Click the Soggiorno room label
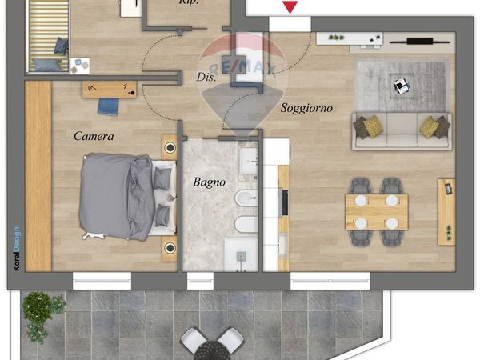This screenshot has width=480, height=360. point(306,108)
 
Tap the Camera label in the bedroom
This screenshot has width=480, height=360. point(94,136)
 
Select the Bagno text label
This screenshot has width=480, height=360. point(209,182)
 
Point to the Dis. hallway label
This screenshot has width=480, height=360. point(206,77)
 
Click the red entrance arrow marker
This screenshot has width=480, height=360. point(290,7)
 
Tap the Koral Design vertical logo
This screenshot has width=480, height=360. point(17,248)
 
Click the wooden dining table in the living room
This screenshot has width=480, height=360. point(377,212)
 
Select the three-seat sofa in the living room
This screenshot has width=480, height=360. point(402,131)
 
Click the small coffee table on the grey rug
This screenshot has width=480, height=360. point(402,86)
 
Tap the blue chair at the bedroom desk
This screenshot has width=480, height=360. point(108,106)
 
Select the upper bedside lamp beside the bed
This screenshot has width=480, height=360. point(170,147)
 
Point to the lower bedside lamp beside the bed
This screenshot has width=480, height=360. point(170,248)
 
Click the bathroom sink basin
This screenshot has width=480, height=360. point(248,162)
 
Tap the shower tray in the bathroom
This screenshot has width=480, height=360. point(241,254)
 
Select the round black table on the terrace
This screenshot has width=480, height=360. point(212,351)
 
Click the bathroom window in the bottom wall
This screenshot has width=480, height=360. point(200,282)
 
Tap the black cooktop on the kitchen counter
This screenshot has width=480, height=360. point(285,202)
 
